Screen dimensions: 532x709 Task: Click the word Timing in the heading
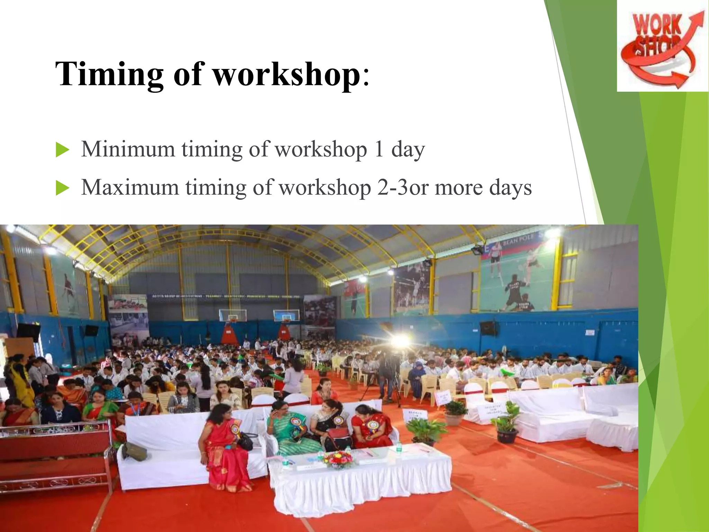click(x=109, y=74)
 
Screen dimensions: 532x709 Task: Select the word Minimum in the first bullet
click(x=128, y=149)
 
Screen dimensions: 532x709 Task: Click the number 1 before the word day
click(x=379, y=149)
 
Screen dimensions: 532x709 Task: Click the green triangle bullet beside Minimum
click(x=62, y=151)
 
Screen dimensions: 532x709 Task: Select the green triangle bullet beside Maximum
click(x=62, y=189)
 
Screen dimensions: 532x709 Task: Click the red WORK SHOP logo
click(x=662, y=47)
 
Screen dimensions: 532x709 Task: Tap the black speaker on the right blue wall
click(x=488, y=328)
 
